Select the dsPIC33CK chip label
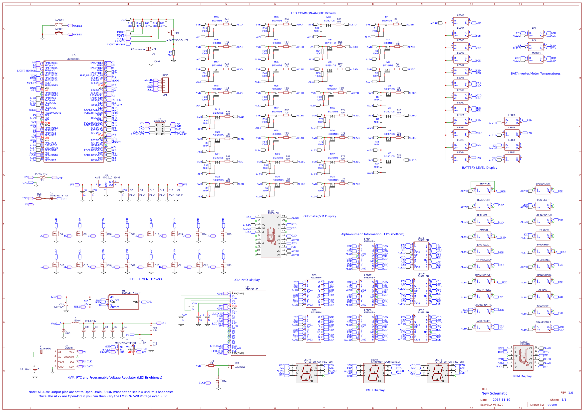tap(73, 59)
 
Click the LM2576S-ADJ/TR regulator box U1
tap(123, 302)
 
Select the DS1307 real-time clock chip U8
tap(66, 359)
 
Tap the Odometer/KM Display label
tap(319, 216)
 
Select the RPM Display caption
tap(522, 376)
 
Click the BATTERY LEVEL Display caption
tap(479, 167)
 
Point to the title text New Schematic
tap(494, 393)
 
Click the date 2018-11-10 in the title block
tap(501, 400)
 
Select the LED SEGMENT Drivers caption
tap(145, 279)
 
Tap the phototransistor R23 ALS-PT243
tap(172, 33)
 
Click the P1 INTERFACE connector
tap(160, 129)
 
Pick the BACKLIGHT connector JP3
tap(232, 367)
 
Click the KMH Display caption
tap(375, 390)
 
